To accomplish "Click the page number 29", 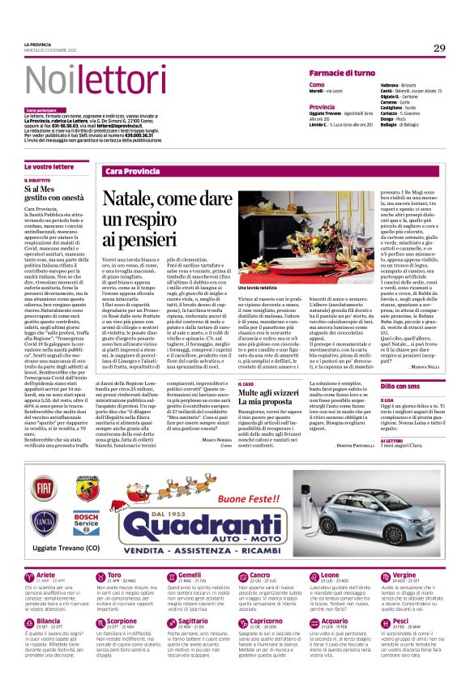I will tap(439, 49).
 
